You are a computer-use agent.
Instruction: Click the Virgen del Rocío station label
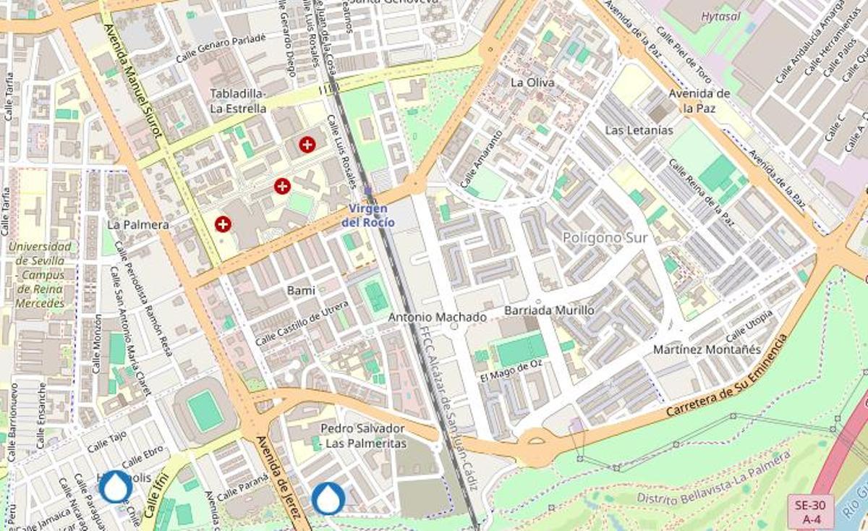tap(368, 215)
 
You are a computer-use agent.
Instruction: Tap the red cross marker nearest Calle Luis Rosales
tap(307, 144)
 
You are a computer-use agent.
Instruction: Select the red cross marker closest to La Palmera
tap(223, 224)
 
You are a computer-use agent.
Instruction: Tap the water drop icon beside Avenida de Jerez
tap(328, 498)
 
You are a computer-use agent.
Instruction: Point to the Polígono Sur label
tap(605, 237)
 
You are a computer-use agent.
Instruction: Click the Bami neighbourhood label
tap(301, 290)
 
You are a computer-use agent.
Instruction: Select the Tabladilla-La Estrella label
tap(238, 101)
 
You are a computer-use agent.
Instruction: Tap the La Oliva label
tap(532, 82)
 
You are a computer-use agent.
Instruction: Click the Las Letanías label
tap(639, 130)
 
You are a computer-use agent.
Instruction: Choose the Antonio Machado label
tap(437, 317)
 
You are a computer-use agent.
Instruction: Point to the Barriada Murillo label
tap(549, 310)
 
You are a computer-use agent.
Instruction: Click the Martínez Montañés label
tap(707, 349)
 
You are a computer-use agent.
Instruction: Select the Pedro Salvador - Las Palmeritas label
tap(364, 436)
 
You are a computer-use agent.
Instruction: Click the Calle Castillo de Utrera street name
tap(302, 323)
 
